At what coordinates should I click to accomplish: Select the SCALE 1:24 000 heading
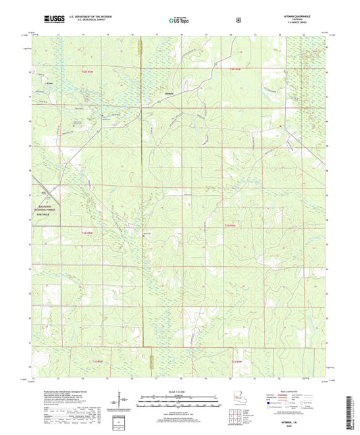point(179,392)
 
